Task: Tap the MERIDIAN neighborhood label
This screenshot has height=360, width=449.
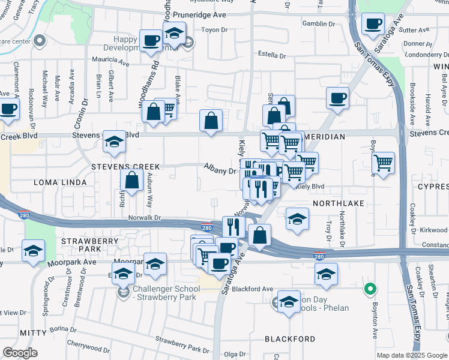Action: coord(324,137)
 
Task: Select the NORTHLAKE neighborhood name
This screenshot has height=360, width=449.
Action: coord(339,203)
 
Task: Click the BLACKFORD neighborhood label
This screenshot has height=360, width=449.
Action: coord(290,339)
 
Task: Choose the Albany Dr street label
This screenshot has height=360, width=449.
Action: coord(220,171)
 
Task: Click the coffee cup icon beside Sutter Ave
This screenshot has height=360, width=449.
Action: coord(373,25)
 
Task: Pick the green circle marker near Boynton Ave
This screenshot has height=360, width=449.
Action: coord(370,290)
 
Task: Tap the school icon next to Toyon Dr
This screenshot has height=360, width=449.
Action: coord(175,33)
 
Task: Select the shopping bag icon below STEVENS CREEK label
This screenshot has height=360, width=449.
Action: coord(131,181)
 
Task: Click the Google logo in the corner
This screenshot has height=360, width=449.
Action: coord(20,353)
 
